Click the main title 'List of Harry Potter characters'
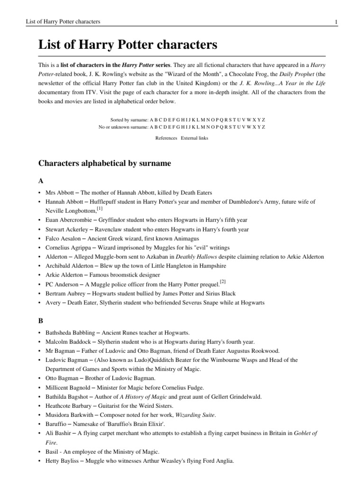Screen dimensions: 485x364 coord(127,45)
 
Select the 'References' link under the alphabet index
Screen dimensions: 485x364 coord(166,138)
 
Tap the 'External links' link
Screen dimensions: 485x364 coord(194,138)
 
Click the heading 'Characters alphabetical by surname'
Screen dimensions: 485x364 coord(104,163)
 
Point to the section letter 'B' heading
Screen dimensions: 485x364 coord(40,320)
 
